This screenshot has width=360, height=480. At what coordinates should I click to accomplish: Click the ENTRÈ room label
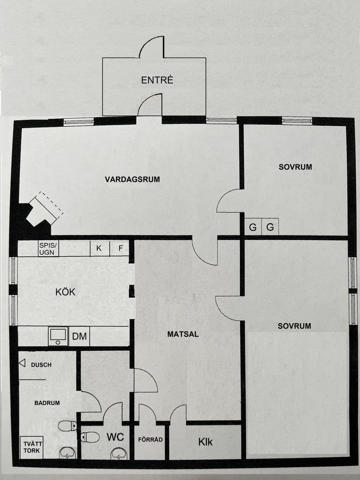pyautogui.click(x=157, y=80)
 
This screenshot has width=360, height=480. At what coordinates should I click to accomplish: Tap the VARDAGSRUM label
pyautogui.click(x=132, y=179)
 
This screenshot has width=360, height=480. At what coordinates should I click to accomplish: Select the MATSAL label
pyautogui.click(x=183, y=334)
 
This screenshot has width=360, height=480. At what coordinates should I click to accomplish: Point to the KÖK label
pyautogui.click(x=65, y=292)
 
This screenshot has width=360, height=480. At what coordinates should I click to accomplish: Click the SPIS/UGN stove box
pyautogui.click(x=48, y=249)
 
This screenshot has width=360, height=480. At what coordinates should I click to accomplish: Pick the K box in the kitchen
pyautogui.click(x=100, y=248)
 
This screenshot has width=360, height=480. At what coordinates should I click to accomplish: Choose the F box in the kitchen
pyautogui.click(x=119, y=248)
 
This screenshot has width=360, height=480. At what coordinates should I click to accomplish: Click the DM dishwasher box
pyautogui.click(x=79, y=336)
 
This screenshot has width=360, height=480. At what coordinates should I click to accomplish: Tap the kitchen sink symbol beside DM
pyautogui.click(x=58, y=336)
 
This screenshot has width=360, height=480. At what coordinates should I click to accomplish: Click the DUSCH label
pyautogui.click(x=41, y=365)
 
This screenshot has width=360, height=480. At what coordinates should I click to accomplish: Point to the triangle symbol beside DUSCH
pyautogui.click(x=22, y=363)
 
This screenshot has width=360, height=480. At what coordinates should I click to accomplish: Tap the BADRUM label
pyautogui.click(x=47, y=403)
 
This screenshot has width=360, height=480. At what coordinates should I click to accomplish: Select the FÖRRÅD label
pyautogui.click(x=150, y=440)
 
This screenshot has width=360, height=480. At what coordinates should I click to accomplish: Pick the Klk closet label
pyautogui.click(x=205, y=442)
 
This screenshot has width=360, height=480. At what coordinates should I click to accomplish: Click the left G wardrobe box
pyautogui.click(x=253, y=227)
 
